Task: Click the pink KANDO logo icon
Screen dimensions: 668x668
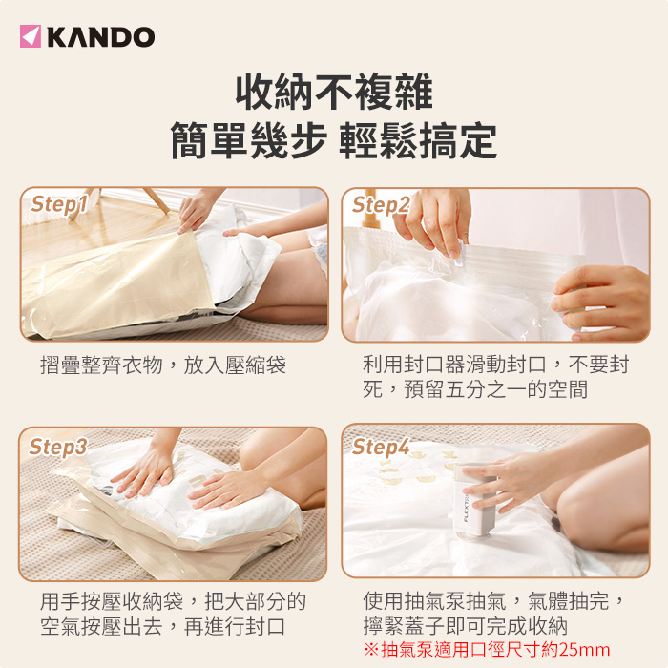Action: coord(31,36)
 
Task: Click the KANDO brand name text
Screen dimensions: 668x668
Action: coord(101,36)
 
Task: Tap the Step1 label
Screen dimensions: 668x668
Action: coord(59,204)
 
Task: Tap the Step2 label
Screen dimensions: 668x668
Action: coord(381,205)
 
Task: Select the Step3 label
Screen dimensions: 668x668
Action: coord(58,447)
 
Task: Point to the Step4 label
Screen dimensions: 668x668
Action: coord(381,447)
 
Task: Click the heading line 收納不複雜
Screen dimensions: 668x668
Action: coord(334,92)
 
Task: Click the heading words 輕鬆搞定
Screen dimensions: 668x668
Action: coord(418,141)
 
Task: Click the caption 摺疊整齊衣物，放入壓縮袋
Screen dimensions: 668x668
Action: coord(163,365)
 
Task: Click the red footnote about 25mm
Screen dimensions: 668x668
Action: coord(487,650)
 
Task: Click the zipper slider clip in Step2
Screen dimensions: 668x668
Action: coord(459,255)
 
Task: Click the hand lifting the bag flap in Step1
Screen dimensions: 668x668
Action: coord(198,210)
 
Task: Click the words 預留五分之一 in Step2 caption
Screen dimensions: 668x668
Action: coord(466,389)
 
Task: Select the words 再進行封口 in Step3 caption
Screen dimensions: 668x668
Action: coord(235,626)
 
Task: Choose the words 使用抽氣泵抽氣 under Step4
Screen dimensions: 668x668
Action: coord(434,601)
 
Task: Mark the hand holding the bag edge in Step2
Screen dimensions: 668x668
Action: coord(601,302)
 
